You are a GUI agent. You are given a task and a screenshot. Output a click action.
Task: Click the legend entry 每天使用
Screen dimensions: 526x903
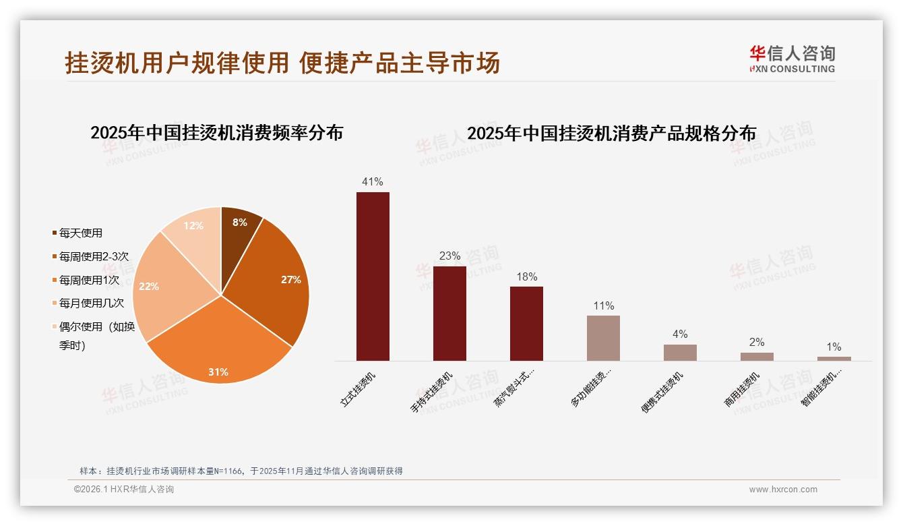click(x=80, y=233)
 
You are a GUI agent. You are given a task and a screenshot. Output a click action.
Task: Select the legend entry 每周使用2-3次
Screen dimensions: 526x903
click(x=93, y=257)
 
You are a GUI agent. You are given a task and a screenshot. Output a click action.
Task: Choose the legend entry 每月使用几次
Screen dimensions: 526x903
click(x=91, y=303)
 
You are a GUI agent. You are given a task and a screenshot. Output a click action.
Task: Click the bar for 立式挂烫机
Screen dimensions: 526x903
click(x=373, y=276)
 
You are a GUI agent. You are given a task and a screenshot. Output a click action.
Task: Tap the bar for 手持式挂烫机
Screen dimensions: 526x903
click(x=449, y=314)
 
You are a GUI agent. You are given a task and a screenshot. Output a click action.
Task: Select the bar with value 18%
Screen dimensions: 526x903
click(x=526, y=324)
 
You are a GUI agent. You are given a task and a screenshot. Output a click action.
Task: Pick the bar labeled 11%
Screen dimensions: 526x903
click(x=603, y=338)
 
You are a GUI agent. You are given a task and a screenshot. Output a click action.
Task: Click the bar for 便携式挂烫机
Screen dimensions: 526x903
click(x=680, y=353)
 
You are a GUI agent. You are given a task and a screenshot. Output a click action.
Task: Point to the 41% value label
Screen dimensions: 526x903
click(x=373, y=182)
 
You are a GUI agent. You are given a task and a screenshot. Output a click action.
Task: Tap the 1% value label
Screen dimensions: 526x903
click(x=834, y=347)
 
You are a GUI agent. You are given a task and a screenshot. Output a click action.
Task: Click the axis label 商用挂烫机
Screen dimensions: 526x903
click(x=743, y=390)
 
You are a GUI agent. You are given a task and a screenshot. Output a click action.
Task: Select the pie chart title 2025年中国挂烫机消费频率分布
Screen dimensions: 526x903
click(x=216, y=133)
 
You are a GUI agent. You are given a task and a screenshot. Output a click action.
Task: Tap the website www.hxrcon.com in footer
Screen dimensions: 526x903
click(x=783, y=490)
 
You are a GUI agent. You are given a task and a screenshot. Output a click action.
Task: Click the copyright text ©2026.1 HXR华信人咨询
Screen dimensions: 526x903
click(x=124, y=490)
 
